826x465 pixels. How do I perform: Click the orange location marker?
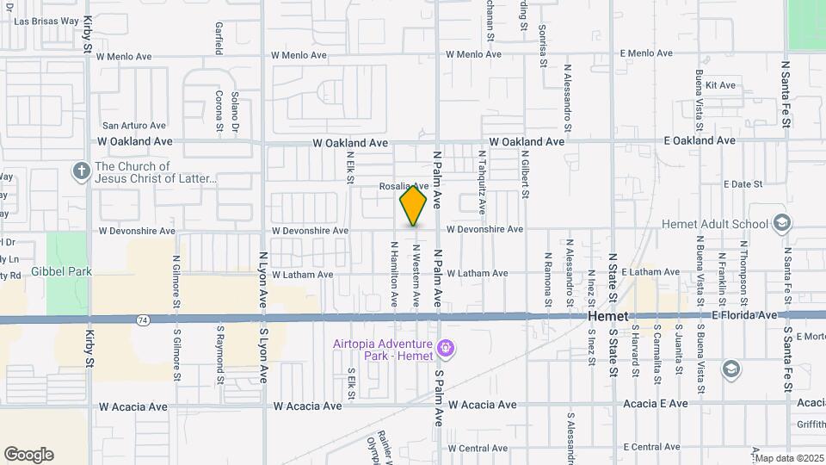[414, 205]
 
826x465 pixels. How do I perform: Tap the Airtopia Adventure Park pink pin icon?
[445, 349]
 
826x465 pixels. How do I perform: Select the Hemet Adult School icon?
[781, 224]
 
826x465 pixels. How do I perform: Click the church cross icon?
[82, 170]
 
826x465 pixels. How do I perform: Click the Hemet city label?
[609, 317]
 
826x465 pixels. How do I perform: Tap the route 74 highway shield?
[140, 319]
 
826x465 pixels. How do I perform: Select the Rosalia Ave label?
[404, 186]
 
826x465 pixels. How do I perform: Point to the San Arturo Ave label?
[133, 126]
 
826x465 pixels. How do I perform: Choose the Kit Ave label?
[720, 85]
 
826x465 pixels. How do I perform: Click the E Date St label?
[743, 184]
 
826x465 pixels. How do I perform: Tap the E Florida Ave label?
[744, 316]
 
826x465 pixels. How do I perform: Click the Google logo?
[28, 455]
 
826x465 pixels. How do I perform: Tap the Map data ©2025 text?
[789, 458]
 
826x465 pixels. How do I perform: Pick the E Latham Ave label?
[650, 272]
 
